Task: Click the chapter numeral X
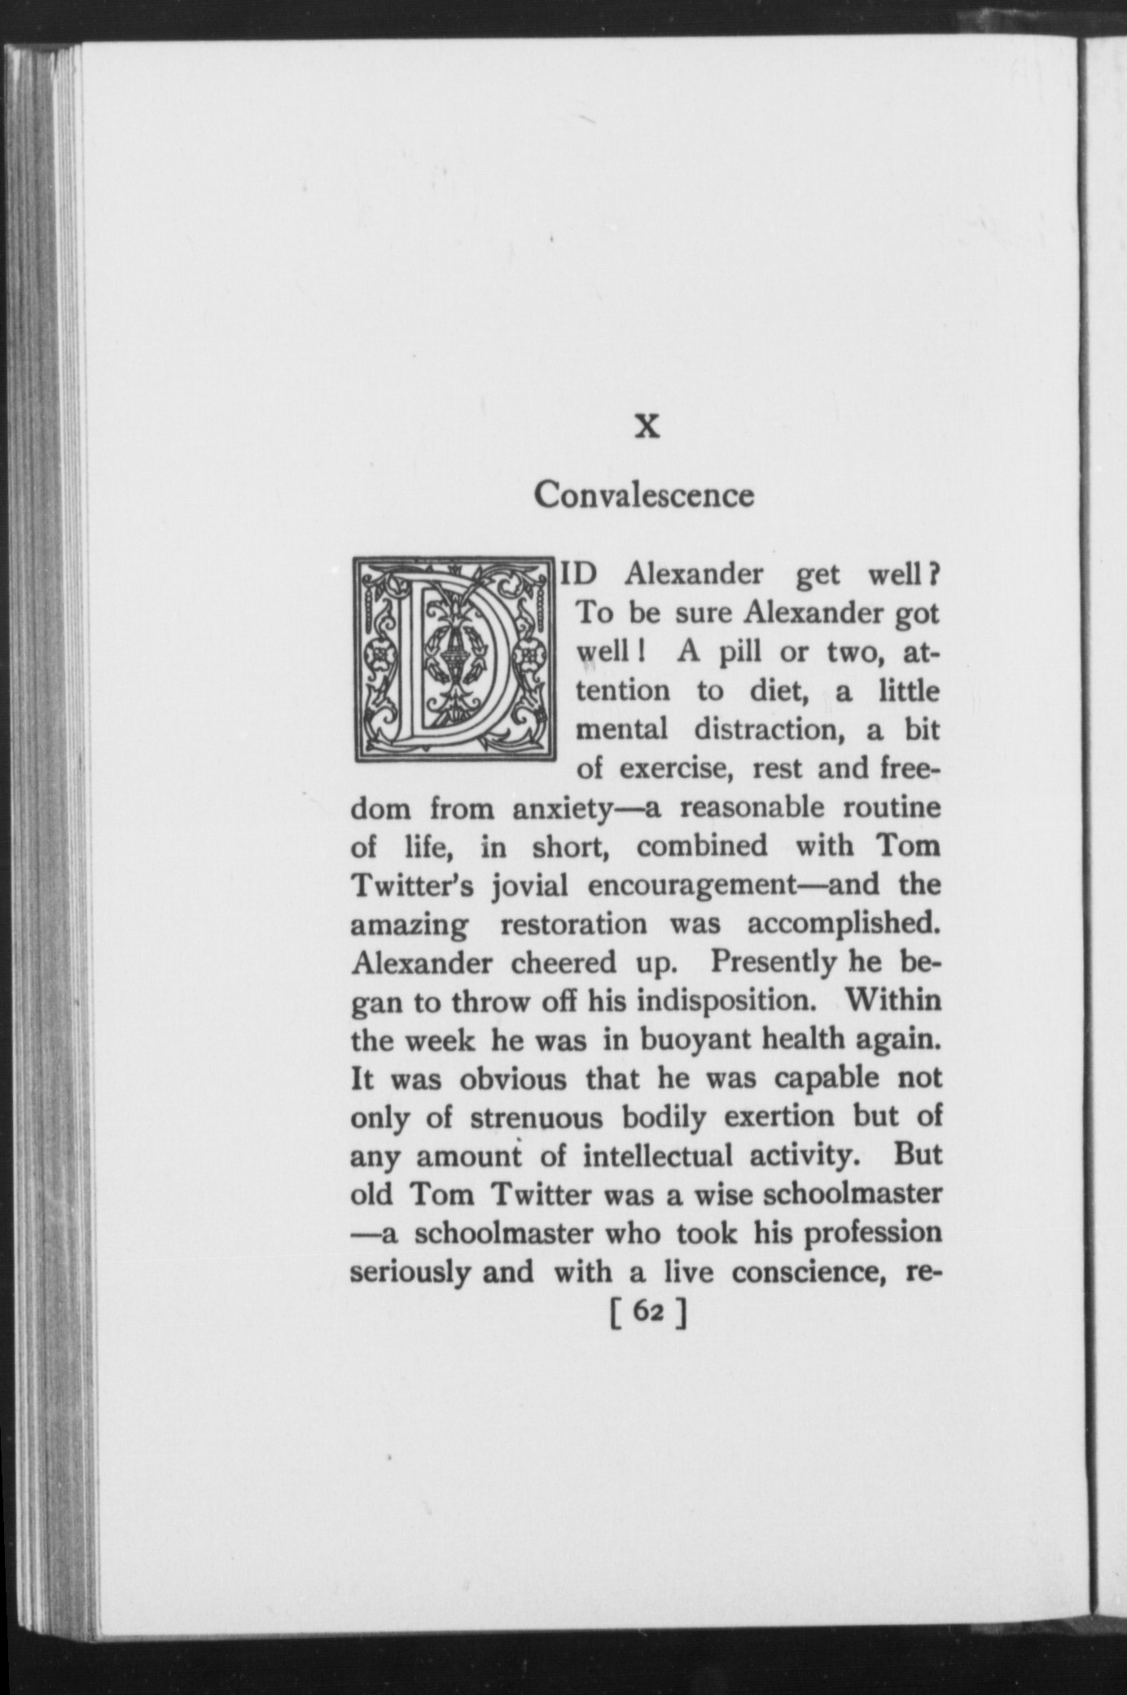[647, 426]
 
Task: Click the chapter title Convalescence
[644, 495]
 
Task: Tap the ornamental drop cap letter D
[454, 658]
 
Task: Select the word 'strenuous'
[537, 1117]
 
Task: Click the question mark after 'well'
[936, 575]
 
